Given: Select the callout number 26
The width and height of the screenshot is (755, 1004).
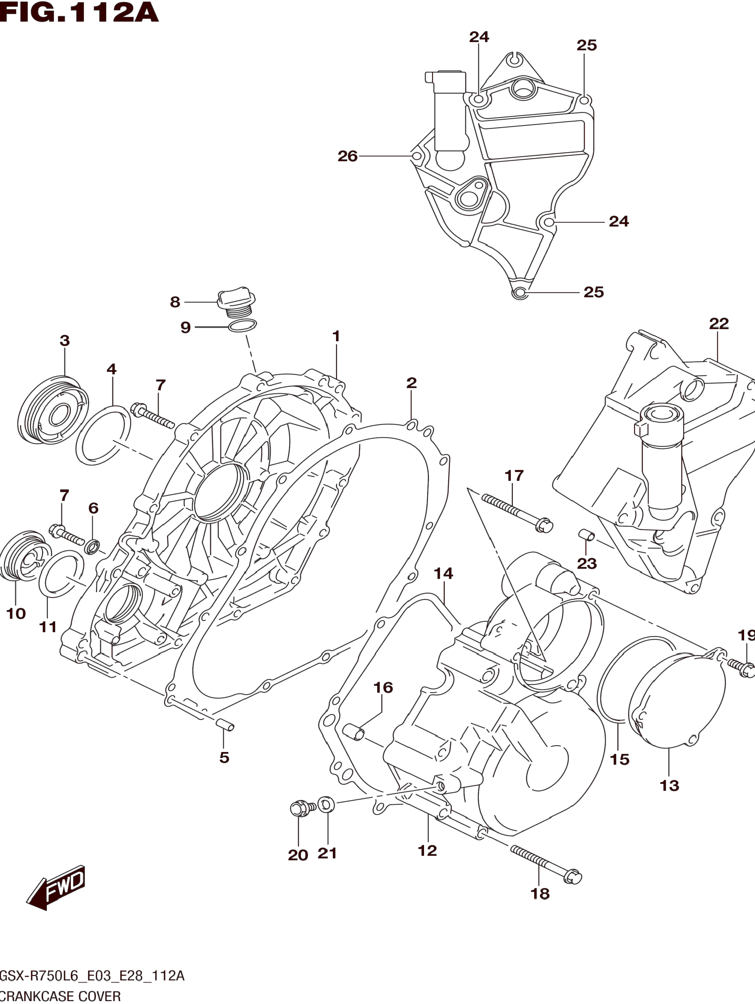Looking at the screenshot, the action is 348,156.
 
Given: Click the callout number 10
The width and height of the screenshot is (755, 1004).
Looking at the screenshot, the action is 16,614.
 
